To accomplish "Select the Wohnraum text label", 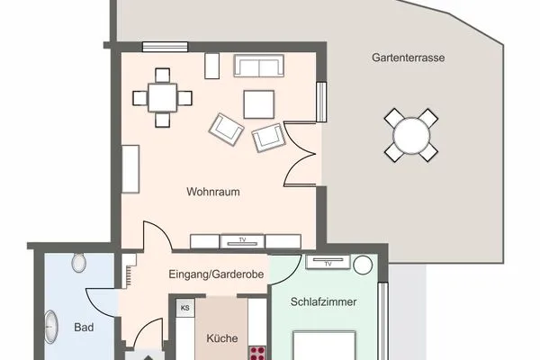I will click(x=213, y=192).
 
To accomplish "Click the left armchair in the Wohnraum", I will click(x=227, y=127).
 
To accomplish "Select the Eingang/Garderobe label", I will click(x=216, y=274).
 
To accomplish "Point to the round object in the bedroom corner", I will click(x=363, y=265).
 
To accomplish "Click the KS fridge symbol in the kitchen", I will click(x=185, y=308).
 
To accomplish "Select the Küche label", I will click(x=222, y=338).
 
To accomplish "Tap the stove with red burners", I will click(x=257, y=350).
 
